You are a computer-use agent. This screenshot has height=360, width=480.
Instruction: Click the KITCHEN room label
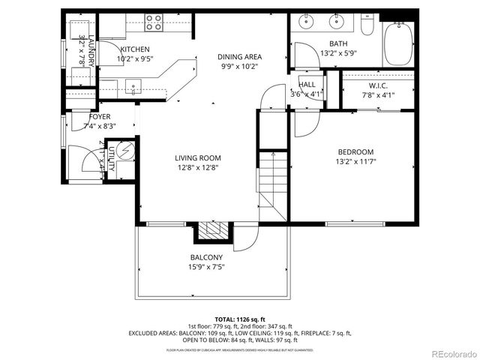[136, 49]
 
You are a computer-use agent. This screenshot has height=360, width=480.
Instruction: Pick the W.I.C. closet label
[377, 85]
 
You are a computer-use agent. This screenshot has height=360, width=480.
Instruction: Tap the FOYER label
[100, 117]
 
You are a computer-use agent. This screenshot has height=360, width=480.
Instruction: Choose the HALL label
[307, 85]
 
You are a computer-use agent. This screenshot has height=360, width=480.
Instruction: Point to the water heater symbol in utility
[125, 149]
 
